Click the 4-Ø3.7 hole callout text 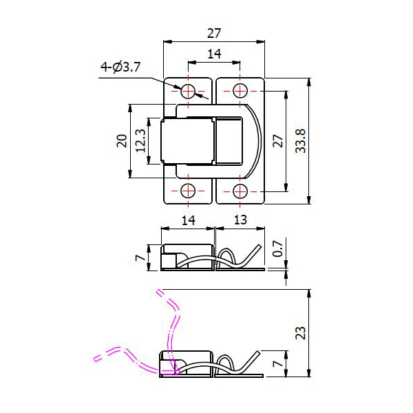[x=120, y=67]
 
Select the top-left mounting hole [x=188, y=91]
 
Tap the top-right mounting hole [x=240, y=91]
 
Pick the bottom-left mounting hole [x=188, y=191]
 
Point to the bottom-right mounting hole [x=240, y=191]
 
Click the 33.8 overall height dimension [x=301, y=141]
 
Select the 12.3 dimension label [x=140, y=140]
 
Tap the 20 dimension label [x=122, y=140]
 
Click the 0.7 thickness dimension [x=277, y=248]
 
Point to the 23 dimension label [x=301, y=333]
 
